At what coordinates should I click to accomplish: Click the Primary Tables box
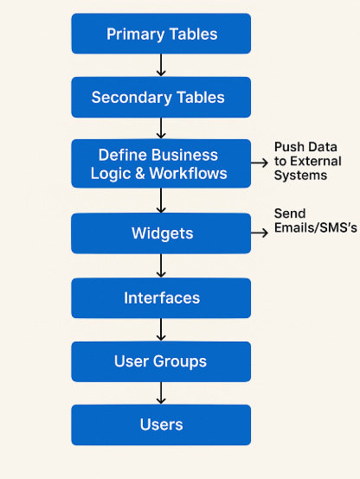[x=161, y=34]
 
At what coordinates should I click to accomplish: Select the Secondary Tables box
[x=161, y=97]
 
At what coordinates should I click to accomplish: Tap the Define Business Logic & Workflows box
[x=161, y=163]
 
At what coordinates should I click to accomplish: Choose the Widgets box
[x=161, y=233]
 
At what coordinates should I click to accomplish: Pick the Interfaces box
[x=161, y=297]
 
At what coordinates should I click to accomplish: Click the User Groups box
[x=161, y=361]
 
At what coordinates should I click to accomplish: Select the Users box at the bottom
[x=161, y=425]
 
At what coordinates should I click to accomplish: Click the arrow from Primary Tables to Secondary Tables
[x=161, y=65]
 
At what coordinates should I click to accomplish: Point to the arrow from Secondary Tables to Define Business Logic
[x=161, y=128]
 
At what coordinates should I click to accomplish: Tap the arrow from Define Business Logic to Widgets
[x=161, y=201]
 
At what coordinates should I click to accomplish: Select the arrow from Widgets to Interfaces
[x=161, y=265]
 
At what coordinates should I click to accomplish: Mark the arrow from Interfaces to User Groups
[x=161, y=329]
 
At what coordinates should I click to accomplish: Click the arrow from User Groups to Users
[x=161, y=393]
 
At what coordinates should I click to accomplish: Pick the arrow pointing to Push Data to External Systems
[x=260, y=163]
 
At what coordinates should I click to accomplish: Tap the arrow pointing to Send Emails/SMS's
[x=260, y=233]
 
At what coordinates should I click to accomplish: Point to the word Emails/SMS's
[x=315, y=228]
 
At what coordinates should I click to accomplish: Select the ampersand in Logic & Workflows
[x=139, y=174]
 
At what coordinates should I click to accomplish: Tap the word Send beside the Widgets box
[x=290, y=214]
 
